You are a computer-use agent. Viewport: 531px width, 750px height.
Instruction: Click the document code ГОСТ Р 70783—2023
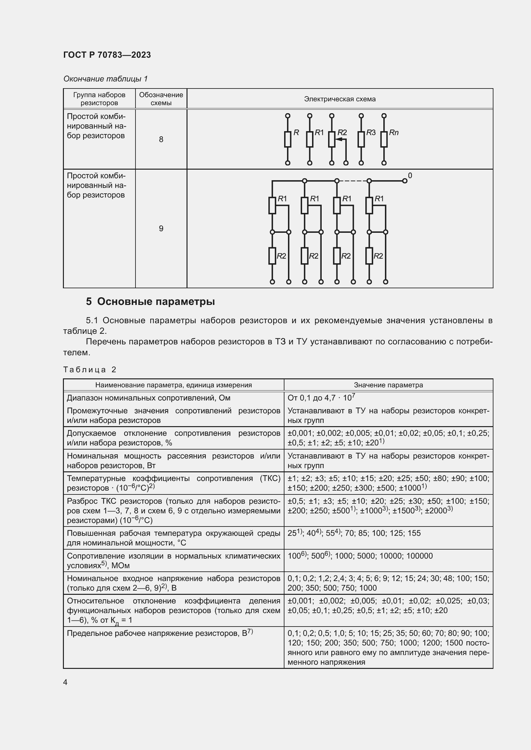point(107,55)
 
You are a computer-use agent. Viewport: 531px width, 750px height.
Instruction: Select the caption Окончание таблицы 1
point(105,79)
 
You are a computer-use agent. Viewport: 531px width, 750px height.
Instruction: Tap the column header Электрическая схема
point(339,99)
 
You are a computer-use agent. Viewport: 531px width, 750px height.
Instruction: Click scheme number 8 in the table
point(161,139)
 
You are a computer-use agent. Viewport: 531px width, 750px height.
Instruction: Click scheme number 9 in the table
point(161,228)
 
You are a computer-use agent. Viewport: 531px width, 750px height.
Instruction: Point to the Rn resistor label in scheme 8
point(393,133)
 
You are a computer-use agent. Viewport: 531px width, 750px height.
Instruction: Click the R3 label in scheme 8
point(371,133)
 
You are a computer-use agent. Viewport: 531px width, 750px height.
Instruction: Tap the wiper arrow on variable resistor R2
point(339,139)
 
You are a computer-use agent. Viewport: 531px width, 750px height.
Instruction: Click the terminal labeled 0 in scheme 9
point(405,181)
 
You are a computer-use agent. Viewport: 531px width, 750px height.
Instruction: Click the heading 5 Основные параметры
point(150,301)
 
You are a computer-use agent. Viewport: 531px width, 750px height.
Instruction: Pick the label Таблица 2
point(90,369)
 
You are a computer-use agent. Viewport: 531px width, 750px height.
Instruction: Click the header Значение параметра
point(388,385)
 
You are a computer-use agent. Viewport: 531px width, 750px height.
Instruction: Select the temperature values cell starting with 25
point(354,533)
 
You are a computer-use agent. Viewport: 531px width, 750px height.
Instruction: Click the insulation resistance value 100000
point(419,556)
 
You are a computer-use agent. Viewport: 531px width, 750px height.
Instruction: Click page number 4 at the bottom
point(65,682)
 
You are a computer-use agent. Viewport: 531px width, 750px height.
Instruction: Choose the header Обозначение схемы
point(161,99)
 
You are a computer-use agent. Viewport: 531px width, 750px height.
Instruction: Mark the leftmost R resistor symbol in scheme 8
point(287,139)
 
